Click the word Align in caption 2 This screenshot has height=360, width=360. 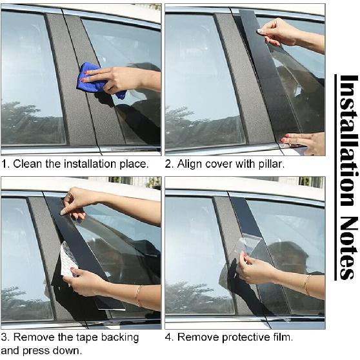(x=192, y=165)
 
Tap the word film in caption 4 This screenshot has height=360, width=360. (x=283, y=337)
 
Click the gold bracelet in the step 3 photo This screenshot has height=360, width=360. (x=138, y=295)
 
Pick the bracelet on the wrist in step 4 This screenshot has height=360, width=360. (x=306, y=285)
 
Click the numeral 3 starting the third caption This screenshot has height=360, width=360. (x=5, y=337)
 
